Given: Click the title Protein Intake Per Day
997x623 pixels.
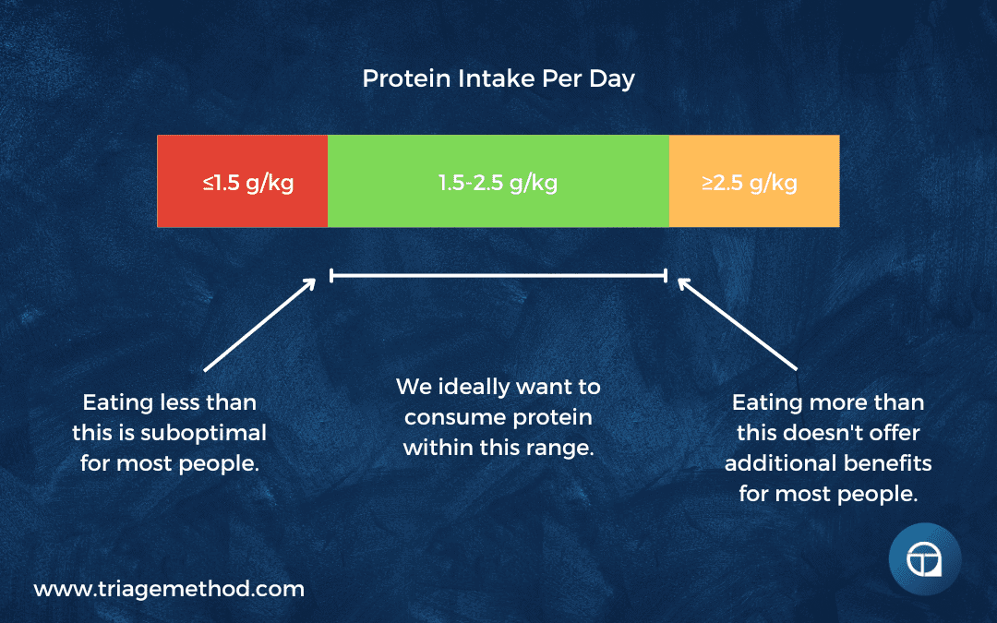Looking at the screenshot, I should coord(498,78).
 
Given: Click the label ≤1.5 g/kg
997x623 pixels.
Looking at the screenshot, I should coord(248,183).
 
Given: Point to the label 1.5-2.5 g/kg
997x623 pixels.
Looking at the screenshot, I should coord(498,183).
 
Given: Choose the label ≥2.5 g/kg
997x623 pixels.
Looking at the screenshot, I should coord(750,183).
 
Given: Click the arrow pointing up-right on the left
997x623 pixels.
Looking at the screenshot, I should coord(259,324).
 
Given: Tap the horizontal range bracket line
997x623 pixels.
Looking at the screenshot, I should coord(498,275).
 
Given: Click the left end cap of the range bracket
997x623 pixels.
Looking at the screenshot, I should coord(331,275).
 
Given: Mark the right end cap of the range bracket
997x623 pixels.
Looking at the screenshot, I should coord(665,275).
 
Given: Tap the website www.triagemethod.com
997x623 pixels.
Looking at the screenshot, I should coord(169,588).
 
